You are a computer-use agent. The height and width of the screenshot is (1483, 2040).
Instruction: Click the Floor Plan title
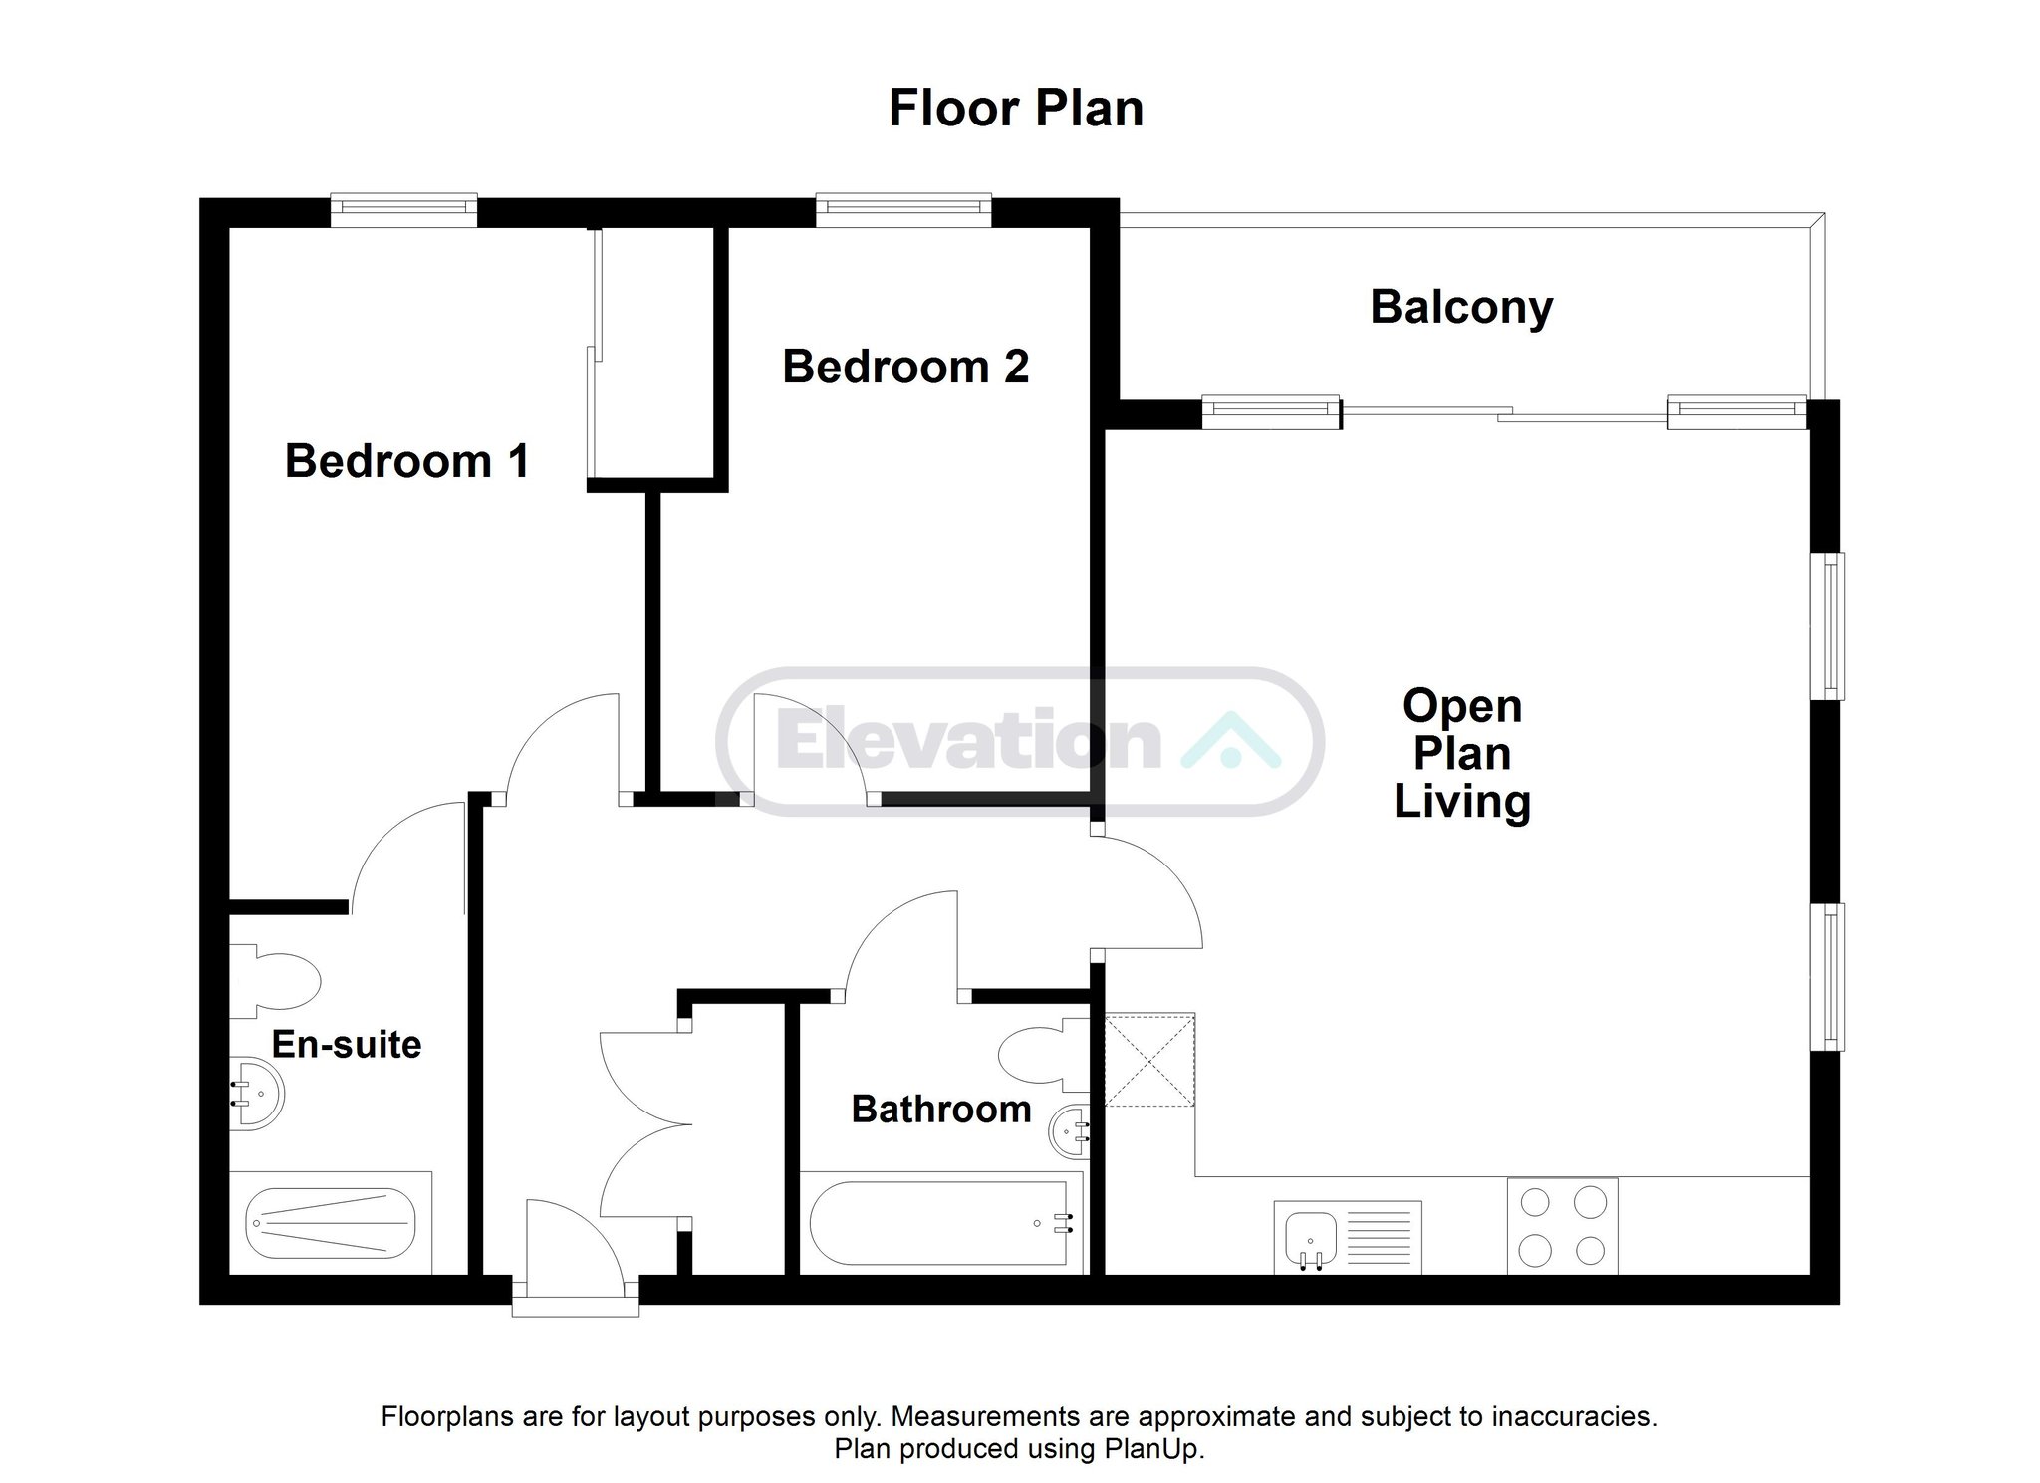(x=1015, y=109)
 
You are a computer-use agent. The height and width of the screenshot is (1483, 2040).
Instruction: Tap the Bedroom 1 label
(x=406, y=461)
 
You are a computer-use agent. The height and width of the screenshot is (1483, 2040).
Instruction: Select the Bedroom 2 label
(x=905, y=367)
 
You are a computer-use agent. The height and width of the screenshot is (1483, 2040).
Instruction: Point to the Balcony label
(x=1461, y=308)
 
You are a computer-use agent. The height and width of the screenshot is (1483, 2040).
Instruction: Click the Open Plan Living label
(x=1462, y=754)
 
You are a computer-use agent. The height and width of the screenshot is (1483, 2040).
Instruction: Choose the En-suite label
(x=347, y=1044)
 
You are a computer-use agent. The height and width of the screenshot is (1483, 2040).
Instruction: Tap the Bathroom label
(x=941, y=1109)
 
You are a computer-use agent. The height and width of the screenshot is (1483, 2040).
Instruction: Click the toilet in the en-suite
(x=275, y=981)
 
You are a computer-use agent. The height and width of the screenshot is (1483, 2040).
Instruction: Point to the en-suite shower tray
(x=331, y=1222)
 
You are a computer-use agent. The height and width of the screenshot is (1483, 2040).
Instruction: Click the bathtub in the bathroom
(x=941, y=1222)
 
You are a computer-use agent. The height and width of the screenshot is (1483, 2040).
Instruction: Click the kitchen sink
(x=1348, y=1236)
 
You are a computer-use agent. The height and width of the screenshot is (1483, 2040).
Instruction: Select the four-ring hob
(x=1562, y=1226)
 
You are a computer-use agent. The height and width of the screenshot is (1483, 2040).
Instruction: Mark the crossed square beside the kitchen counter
(x=1150, y=1060)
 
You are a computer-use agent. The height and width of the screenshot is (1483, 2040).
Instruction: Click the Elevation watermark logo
(x=1020, y=741)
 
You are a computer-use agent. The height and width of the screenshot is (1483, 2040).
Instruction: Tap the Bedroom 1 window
(x=403, y=207)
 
